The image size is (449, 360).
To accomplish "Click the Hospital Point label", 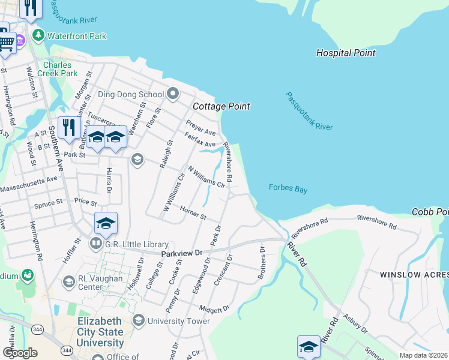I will [346, 53].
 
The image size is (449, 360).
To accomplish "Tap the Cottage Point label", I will [221, 106].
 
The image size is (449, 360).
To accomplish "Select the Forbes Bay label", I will [288, 189].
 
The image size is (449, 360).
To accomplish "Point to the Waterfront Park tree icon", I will [38, 35].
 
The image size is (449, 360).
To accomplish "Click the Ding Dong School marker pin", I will [173, 94].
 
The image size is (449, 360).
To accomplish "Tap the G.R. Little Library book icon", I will [95, 244].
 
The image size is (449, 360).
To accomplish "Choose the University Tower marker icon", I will [139, 320].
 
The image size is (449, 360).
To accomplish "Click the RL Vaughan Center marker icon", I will [68, 281].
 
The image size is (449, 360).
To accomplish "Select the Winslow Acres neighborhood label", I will [414, 274].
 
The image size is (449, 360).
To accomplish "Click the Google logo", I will [20, 353].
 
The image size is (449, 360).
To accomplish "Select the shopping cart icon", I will [6, 43].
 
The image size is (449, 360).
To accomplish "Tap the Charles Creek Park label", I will [60, 68].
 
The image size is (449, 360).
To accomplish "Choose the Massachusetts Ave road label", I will [28, 184].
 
